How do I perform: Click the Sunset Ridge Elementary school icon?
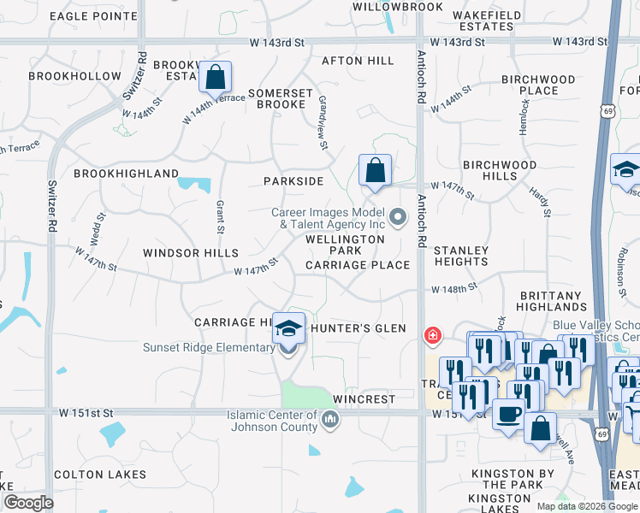coord(288,328)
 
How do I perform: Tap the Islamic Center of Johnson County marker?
coord(330,419)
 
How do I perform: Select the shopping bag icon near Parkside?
coord(375,170)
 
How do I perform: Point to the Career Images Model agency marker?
coord(397,217)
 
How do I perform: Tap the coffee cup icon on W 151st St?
coord(508,415)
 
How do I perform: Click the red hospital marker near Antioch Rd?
coord(434,334)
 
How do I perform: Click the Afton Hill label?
coord(358,61)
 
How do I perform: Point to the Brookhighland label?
coord(126,174)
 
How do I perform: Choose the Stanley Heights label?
coord(461,256)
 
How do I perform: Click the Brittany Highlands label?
coord(552,300)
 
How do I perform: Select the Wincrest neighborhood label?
coord(364,399)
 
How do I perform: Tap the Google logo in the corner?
coord(28,503)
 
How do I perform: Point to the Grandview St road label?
coord(323,123)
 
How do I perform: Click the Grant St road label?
coord(220,217)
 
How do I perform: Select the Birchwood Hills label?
coord(500,170)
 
